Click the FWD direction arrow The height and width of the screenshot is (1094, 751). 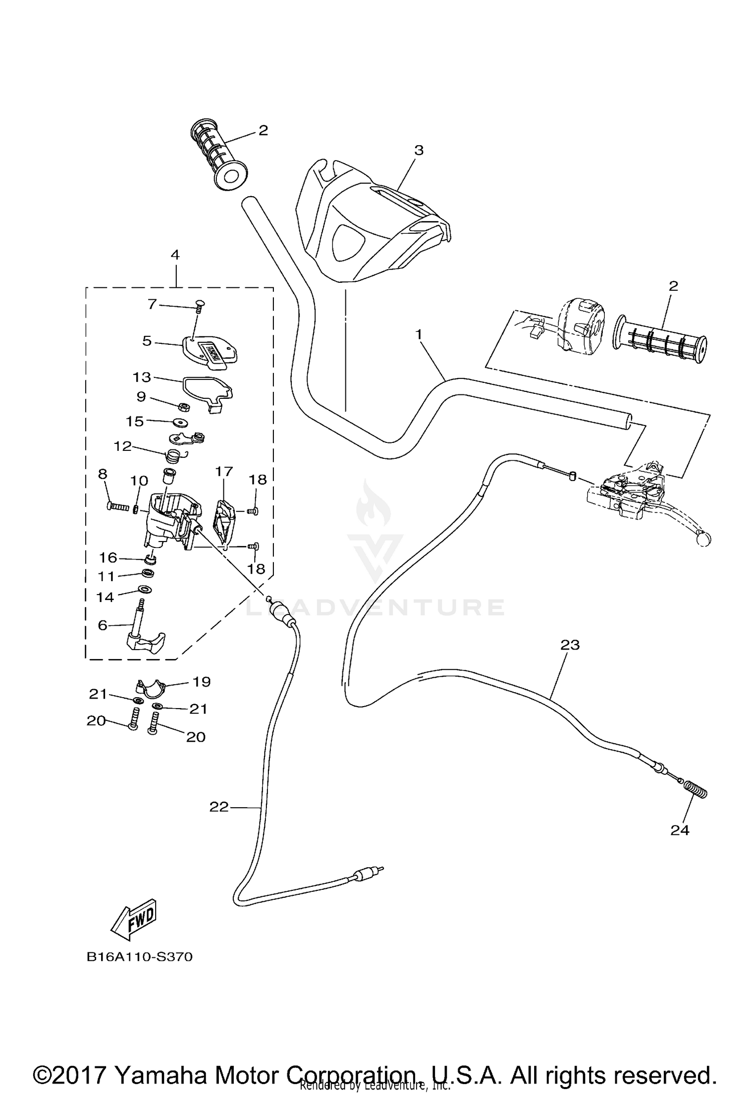(134, 921)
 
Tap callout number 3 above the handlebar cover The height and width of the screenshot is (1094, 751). (419, 150)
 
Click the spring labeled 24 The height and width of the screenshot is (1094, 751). (696, 791)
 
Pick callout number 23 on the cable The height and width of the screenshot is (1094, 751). (570, 645)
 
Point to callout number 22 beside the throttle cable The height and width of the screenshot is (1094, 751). (219, 806)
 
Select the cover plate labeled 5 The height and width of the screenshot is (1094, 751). (209, 351)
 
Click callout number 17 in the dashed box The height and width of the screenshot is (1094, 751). (224, 471)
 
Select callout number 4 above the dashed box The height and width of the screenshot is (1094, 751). (175, 255)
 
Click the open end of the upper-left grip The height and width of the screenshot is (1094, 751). (231, 177)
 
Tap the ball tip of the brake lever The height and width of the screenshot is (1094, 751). (703, 539)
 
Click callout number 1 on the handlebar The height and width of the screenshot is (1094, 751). (419, 333)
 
